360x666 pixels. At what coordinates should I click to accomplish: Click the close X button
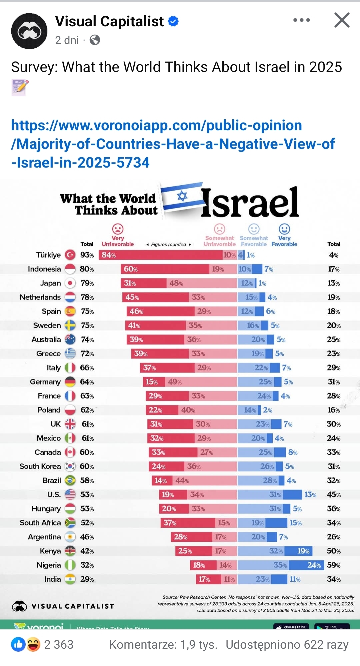[x=342, y=20]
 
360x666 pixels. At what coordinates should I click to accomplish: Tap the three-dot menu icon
[x=301, y=20]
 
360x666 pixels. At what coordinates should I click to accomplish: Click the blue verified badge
[x=173, y=21]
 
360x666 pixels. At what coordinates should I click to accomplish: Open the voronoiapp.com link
[x=173, y=144]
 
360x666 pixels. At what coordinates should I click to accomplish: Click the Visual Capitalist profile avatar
[x=29, y=31]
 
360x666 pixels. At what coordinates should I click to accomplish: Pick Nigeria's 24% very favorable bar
[x=307, y=565]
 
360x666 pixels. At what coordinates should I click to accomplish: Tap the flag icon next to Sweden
[x=70, y=326]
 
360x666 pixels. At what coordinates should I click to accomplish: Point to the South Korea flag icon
[x=70, y=466]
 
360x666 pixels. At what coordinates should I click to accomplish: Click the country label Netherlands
[x=40, y=297]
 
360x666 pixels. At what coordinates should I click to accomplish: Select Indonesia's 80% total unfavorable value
[x=87, y=269]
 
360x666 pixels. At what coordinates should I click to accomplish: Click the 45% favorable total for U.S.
[x=334, y=495]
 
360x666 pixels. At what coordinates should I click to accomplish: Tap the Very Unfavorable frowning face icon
[x=118, y=229]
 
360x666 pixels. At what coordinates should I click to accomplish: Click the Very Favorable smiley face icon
[x=284, y=229]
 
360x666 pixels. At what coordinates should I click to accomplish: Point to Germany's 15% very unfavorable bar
[x=154, y=382]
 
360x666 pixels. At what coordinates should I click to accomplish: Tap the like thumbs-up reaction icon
[x=18, y=644]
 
